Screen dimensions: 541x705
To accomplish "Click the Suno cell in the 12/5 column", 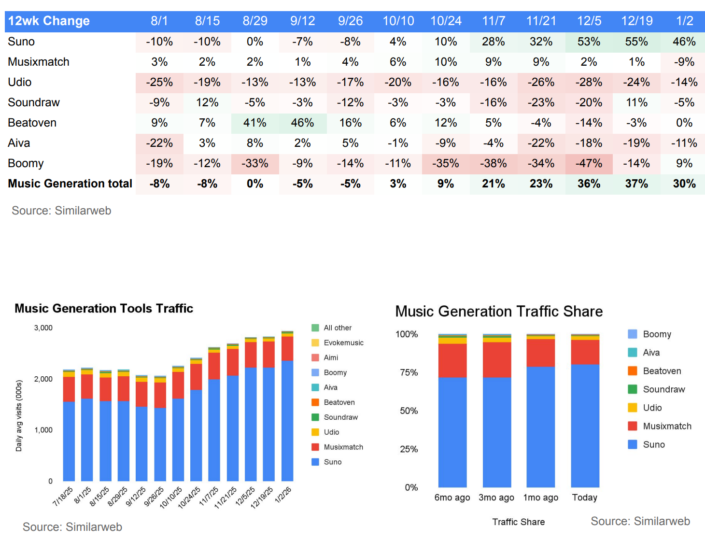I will [589, 42].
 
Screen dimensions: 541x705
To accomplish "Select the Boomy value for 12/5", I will [589, 163].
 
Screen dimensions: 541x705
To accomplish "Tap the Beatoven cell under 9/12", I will [302, 123].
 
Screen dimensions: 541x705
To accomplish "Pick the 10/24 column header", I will [446, 21].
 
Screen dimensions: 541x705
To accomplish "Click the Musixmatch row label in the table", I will [39, 62].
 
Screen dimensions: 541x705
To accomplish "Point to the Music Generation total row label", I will [70, 184].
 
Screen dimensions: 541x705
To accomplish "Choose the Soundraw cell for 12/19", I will [636, 102].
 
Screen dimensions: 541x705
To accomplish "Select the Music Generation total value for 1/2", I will [684, 184].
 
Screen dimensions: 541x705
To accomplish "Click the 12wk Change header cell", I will [49, 21].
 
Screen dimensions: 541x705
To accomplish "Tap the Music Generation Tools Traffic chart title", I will [104, 308].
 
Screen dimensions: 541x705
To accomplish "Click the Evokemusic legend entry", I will [343, 342].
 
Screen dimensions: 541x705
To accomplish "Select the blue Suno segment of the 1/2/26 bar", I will [287, 420].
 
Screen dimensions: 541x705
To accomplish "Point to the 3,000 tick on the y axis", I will [43, 327].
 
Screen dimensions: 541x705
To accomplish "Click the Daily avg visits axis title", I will [19, 415].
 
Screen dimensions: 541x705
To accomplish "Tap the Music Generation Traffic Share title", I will [499, 312].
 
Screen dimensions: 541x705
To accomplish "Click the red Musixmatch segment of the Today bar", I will [585, 352].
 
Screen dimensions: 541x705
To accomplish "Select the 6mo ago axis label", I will [452, 498].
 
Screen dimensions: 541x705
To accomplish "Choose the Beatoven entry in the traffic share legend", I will [662, 371].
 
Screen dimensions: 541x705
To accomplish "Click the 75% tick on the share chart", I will [409, 372].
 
